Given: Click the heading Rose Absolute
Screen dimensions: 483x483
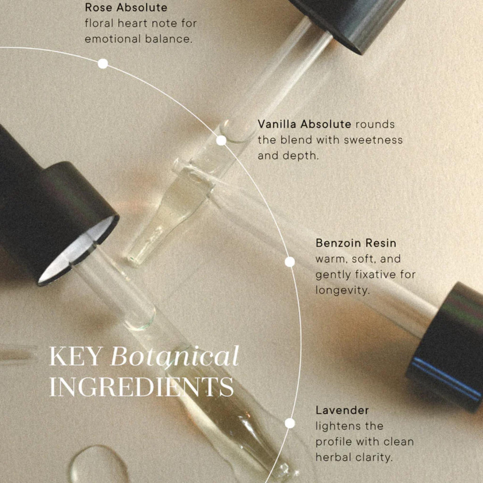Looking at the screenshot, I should pyautogui.click(x=126, y=8).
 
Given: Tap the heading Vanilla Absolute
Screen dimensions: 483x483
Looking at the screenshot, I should pyautogui.click(x=304, y=124).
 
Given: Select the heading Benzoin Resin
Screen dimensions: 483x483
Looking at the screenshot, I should pyautogui.click(x=356, y=243).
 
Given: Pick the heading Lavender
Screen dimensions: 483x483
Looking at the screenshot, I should pyautogui.click(x=342, y=410).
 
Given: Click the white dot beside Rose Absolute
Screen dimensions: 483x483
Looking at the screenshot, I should pyautogui.click(x=103, y=64).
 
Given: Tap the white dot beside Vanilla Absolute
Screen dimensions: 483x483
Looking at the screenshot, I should pyautogui.click(x=221, y=140).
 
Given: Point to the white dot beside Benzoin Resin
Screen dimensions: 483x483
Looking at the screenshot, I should pyautogui.click(x=290, y=262).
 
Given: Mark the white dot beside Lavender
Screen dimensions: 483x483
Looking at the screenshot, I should pyautogui.click(x=290, y=423).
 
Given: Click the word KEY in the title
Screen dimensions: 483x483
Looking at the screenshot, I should pyautogui.click(x=75, y=357).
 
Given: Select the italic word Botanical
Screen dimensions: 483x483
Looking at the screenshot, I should pyautogui.click(x=175, y=357).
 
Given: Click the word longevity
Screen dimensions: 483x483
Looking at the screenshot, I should pyautogui.click(x=342, y=290).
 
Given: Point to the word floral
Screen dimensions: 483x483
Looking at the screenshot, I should pyautogui.click(x=98, y=23).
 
